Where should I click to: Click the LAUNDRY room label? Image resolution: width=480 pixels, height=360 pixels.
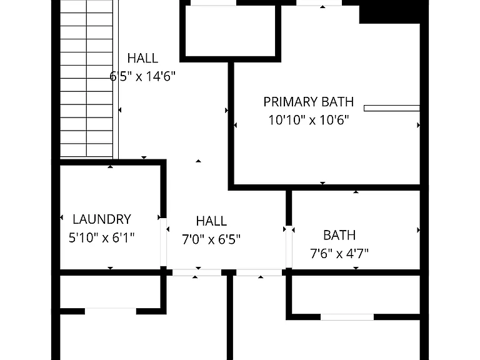point(102,219)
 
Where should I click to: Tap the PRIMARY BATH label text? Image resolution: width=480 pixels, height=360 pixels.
point(309,102)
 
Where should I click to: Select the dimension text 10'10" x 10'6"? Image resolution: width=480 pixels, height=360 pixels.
point(309,120)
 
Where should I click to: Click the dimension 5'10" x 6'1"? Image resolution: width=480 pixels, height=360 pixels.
point(102,237)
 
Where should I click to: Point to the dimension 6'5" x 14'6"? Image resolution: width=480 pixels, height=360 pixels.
point(142,76)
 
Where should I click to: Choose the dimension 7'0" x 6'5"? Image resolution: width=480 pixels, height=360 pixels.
point(211,239)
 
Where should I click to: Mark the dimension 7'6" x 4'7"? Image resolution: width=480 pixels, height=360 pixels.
point(339,254)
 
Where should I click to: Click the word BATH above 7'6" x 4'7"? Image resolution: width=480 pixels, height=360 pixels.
point(339,236)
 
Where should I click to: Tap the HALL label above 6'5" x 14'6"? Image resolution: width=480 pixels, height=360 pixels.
point(142,58)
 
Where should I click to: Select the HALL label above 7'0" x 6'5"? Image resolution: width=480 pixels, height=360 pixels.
point(211,221)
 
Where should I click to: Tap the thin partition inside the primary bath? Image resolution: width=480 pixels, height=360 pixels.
point(391,108)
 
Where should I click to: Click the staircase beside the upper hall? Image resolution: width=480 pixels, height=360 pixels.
point(86,79)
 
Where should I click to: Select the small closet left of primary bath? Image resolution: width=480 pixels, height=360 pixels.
point(231,31)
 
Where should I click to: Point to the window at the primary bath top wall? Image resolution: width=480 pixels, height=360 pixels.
point(319,2)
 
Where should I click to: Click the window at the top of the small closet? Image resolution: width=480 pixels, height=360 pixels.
point(213,2)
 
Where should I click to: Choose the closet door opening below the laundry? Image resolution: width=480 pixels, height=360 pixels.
point(111,311)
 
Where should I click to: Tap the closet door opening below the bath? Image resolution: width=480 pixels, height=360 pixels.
point(347,317)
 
